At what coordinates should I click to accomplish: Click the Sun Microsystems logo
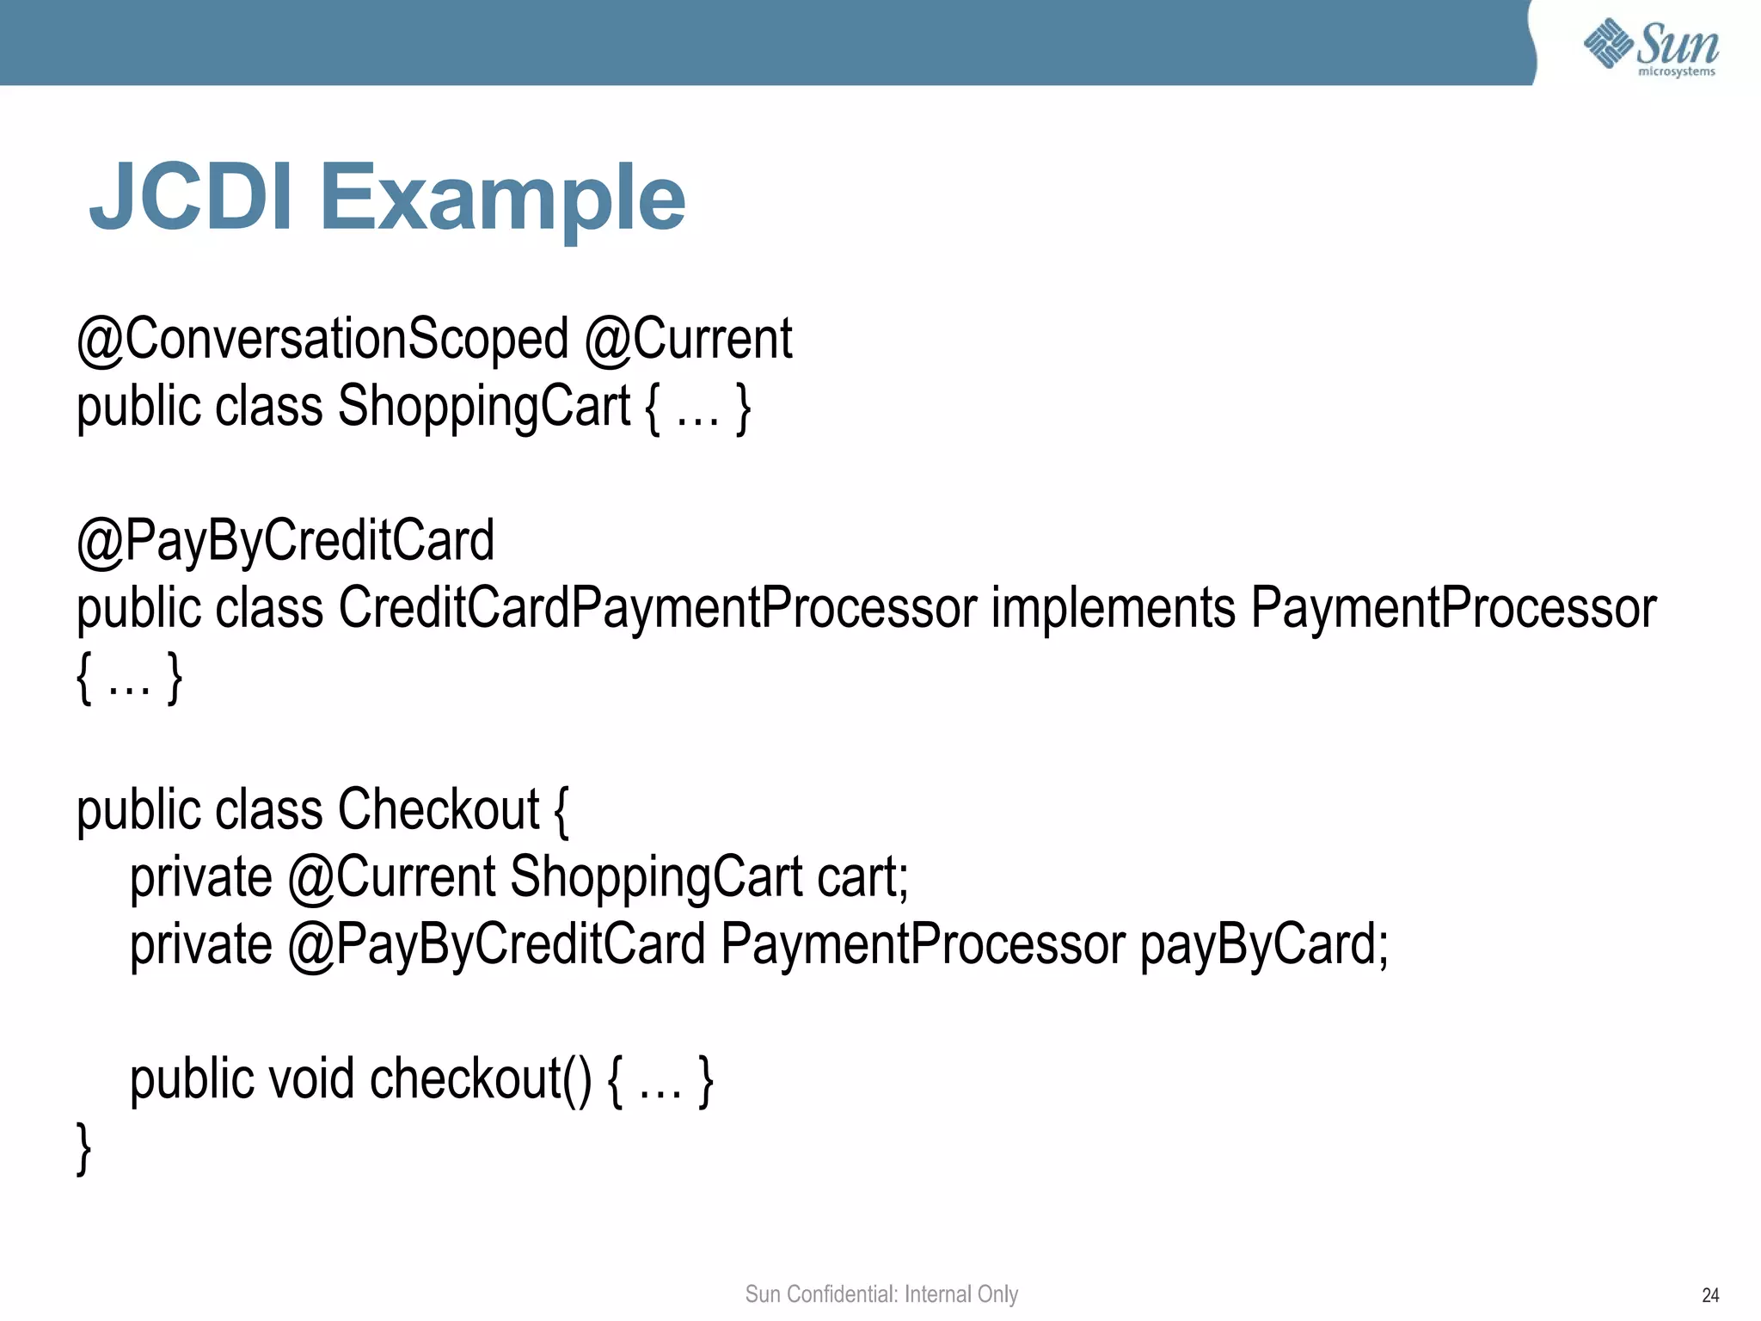coord(1651,46)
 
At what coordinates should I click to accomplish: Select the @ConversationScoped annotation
coord(323,339)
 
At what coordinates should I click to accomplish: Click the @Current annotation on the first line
coord(689,339)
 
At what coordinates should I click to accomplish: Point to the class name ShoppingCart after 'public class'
coord(484,406)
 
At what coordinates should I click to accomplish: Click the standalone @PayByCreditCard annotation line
coord(285,541)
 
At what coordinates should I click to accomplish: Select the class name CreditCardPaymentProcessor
coord(658,608)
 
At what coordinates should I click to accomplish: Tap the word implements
coord(1114,608)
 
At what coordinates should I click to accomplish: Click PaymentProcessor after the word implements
coord(1453,608)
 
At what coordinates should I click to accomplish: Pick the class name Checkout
coord(439,810)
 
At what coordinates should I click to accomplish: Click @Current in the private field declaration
coord(392,877)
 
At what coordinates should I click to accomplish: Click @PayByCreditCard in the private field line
coord(496,944)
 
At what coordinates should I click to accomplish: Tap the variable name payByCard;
coord(1264,944)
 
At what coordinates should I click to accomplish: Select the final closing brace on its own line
coord(83,1147)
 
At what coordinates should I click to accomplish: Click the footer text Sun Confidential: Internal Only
coord(881,1293)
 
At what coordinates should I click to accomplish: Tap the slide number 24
coord(1710,1295)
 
